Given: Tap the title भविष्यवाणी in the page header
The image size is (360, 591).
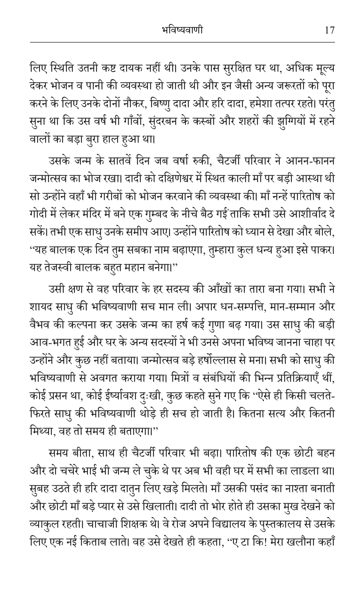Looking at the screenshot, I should (x=181, y=30).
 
